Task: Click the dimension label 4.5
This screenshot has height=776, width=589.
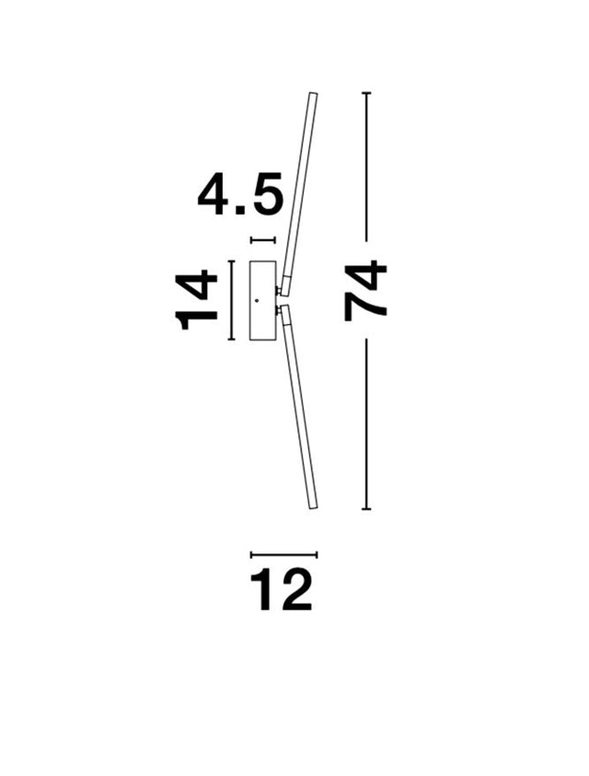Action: [x=240, y=194]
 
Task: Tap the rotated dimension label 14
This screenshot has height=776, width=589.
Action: [x=197, y=300]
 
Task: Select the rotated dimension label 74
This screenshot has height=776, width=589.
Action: [x=365, y=292]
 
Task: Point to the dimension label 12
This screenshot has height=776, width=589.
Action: [x=281, y=589]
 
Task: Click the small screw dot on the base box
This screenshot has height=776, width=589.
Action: [x=257, y=300]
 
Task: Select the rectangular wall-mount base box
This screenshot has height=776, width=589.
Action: [x=263, y=300]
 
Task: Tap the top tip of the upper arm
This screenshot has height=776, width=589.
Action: [x=313, y=93]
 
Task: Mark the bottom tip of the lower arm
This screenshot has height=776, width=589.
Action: [x=313, y=507]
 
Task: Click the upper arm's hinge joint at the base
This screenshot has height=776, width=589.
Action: [x=279, y=291]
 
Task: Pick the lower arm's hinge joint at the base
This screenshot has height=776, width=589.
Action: [x=279, y=310]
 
